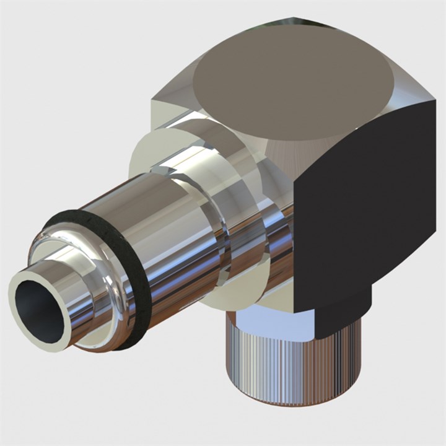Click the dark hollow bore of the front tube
38,310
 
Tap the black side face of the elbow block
365,204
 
